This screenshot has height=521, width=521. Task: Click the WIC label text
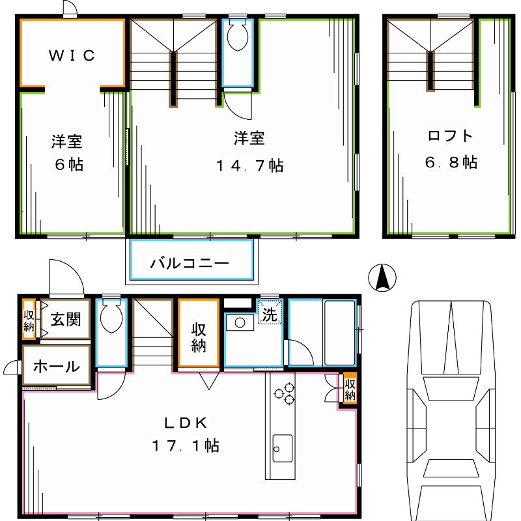point(72,55)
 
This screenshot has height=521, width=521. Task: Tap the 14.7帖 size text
point(250,165)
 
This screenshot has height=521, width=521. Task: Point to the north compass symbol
point(383,279)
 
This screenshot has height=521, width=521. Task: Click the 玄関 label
point(66,320)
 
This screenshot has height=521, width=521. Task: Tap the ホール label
point(56,366)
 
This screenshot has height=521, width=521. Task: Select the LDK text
point(186,423)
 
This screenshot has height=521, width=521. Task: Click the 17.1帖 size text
point(186,446)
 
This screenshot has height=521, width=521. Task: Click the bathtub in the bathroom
point(339,333)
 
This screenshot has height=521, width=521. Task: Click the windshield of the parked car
point(449,391)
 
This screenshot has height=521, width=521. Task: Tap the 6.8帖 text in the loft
point(451,162)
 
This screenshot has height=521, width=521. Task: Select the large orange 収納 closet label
point(198,337)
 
